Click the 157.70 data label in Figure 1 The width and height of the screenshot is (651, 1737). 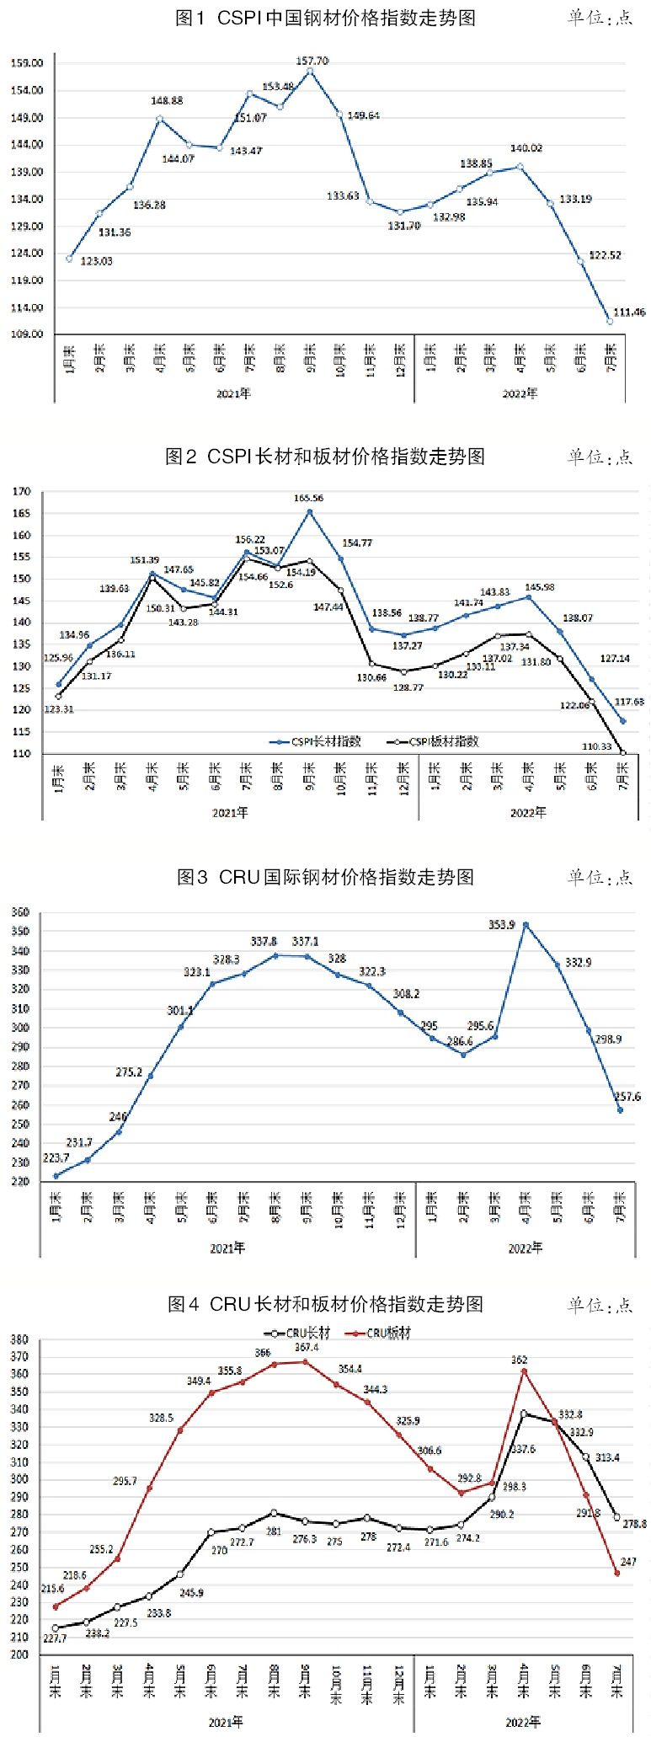pyautogui.click(x=312, y=61)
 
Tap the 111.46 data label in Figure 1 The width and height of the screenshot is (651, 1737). pyautogui.click(x=628, y=313)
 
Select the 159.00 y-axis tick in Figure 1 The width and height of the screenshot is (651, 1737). pyautogui.click(x=27, y=63)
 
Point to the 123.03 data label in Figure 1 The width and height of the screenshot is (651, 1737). pyautogui.click(x=96, y=261)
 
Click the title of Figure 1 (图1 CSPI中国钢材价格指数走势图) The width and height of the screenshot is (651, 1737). pyautogui.click(x=325, y=18)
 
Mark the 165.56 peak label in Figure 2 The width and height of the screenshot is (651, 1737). pyautogui.click(x=308, y=498)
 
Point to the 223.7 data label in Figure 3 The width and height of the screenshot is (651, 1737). pyautogui.click(x=56, y=1158)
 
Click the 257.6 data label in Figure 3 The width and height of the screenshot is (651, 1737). pyautogui.click(x=627, y=1097)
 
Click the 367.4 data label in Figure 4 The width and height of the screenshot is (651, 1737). pyautogui.click(x=307, y=1348)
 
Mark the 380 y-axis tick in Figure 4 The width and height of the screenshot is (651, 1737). pyautogui.click(x=19, y=1339)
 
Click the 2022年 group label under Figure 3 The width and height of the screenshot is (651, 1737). pyautogui.click(x=525, y=1248)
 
